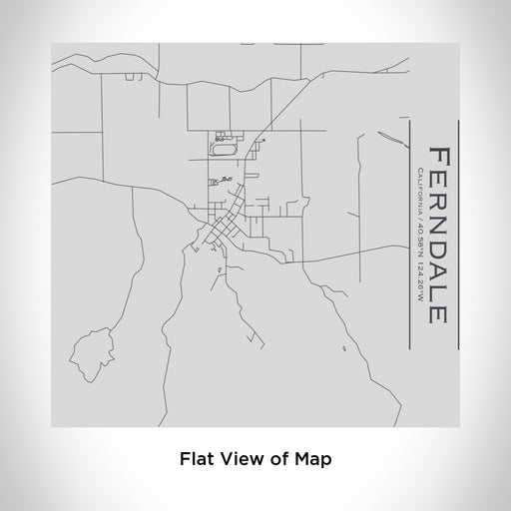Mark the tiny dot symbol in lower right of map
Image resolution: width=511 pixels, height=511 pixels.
[342, 349]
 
